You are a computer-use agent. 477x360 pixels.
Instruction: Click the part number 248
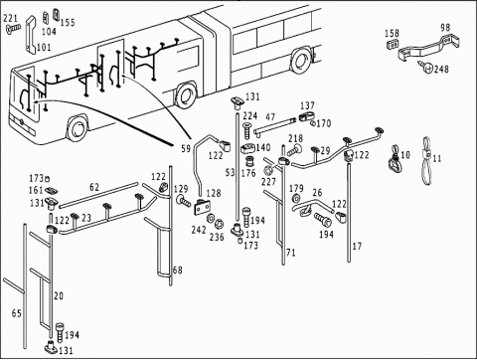pyautogui.click(x=441, y=69)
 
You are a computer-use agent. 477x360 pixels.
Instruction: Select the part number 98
pyautogui.click(x=445, y=27)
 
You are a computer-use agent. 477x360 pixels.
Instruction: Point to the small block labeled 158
pyautogui.click(x=393, y=44)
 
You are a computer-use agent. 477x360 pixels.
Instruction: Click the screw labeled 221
pyautogui.click(x=13, y=29)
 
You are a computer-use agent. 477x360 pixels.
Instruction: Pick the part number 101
pyautogui.click(x=44, y=47)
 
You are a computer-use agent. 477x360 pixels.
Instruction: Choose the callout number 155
pyautogui.click(x=68, y=23)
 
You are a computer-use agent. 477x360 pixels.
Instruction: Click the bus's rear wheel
pyautogui.click(x=301, y=61)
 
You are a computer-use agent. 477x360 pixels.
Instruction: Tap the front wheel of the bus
pyautogui.click(x=78, y=128)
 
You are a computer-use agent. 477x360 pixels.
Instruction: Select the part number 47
pyautogui.click(x=270, y=117)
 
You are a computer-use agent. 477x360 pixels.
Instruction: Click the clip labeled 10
pyautogui.click(x=395, y=159)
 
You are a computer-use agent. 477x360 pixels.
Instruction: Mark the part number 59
pyautogui.click(x=186, y=148)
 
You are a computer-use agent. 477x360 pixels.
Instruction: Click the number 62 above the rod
pyautogui.click(x=94, y=187)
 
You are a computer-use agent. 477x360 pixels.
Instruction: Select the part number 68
pyautogui.click(x=178, y=270)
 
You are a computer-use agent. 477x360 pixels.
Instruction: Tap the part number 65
pyautogui.click(x=17, y=313)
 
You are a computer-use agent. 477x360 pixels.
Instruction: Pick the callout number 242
pyautogui.click(x=199, y=230)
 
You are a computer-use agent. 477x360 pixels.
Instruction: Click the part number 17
pyautogui.click(x=357, y=247)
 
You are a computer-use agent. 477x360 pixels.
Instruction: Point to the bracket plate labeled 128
pyautogui.click(x=203, y=208)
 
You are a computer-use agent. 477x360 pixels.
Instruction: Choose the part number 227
pyautogui.click(x=268, y=182)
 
